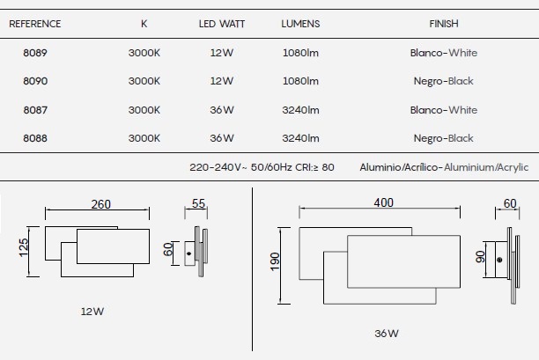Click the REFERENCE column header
click(34, 24)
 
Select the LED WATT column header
click(222, 24)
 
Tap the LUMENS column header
click(300, 24)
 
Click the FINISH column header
click(444, 24)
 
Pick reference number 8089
click(35, 53)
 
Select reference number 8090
click(35, 81)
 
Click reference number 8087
click(35, 110)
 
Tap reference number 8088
click(35, 138)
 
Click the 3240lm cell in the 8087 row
click(300, 110)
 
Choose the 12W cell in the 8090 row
click(222, 81)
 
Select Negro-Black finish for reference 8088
click(443, 138)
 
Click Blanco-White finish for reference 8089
click(444, 53)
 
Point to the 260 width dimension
click(100, 204)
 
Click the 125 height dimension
click(24, 247)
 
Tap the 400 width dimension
click(384, 202)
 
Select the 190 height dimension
click(275, 261)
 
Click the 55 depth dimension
click(198, 203)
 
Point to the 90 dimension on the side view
click(480, 257)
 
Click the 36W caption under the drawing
click(387, 334)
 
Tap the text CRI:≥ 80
click(314, 167)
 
